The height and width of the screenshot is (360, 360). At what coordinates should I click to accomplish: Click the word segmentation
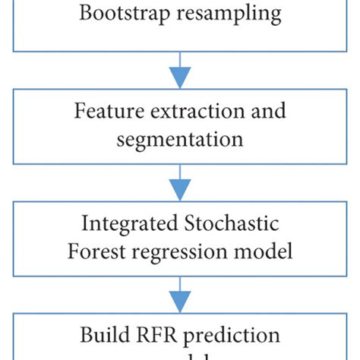pyautogui.click(x=180, y=138)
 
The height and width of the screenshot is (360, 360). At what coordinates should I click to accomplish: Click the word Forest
pyautogui.click(x=96, y=251)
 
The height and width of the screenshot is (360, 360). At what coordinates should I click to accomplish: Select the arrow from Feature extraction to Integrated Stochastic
pyautogui.click(x=180, y=181)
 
